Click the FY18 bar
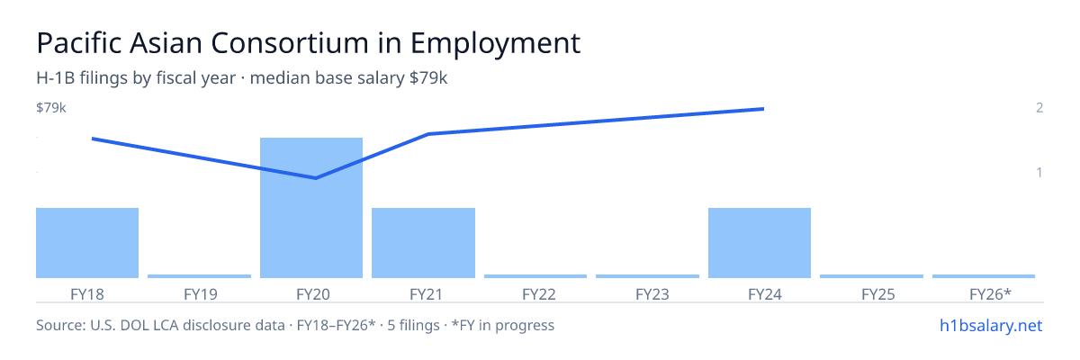(87, 243)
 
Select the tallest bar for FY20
(311, 208)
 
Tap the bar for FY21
(423, 243)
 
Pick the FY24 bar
(760, 243)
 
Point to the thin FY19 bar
(199, 276)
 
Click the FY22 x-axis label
(539, 294)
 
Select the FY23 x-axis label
(652, 294)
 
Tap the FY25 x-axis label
(878, 294)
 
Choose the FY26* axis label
(990, 294)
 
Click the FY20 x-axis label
(313, 294)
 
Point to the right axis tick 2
(1039, 107)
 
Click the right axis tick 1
(1039, 172)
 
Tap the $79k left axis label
(51, 107)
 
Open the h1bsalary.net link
(991, 326)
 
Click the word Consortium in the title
(289, 43)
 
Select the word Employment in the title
(496, 44)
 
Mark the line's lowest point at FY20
(315, 178)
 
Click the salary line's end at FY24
(764, 109)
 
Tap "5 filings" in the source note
(413, 326)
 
